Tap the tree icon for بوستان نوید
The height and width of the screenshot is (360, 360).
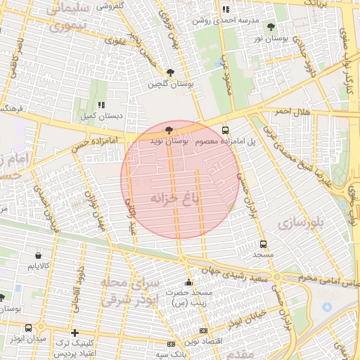(168, 130)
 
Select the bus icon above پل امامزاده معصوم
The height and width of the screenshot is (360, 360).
(226, 130)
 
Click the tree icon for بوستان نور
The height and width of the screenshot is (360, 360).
(271, 27)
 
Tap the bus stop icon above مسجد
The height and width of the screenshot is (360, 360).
(263, 244)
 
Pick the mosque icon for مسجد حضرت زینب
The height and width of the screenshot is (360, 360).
(188, 281)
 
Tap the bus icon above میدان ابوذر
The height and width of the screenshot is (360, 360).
(28, 328)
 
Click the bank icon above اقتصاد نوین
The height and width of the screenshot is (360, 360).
(204, 330)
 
